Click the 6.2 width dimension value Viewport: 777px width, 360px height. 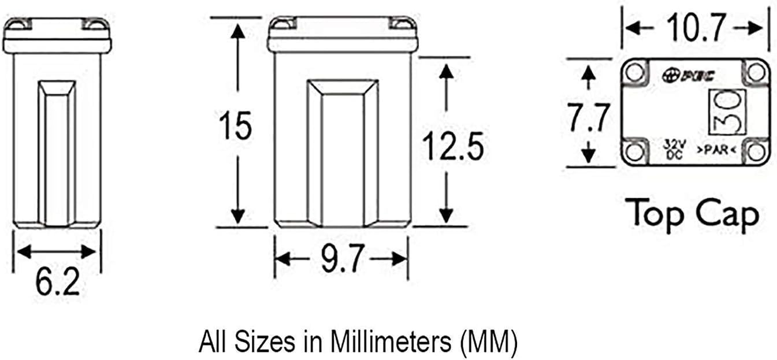57,283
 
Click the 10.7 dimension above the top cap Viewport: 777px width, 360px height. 694,27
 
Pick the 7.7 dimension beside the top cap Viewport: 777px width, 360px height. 588,120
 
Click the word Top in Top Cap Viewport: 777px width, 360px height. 656,214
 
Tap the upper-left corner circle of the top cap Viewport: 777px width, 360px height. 635,72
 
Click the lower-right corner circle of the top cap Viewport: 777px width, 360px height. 756,152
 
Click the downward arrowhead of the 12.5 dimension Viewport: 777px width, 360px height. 445,214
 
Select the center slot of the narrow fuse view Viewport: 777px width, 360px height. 57,153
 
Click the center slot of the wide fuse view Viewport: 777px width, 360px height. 343,153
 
